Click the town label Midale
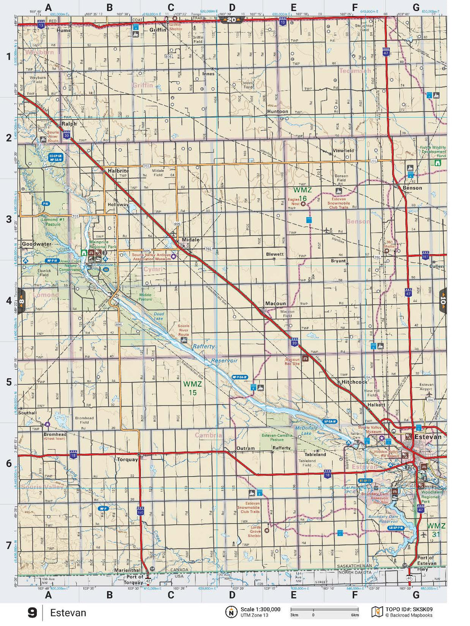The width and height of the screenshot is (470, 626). [x=190, y=239]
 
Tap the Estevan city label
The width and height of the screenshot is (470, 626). [x=427, y=437]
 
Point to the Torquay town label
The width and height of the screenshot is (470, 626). [x=127, y=460]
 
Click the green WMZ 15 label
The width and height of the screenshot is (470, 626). [x=192, y=388]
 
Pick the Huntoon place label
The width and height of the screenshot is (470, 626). [x=278, y=111]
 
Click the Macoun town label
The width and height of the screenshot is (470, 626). [x=275, y=303]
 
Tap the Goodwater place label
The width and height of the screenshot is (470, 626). [x=37, y=244]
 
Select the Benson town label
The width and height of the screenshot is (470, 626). [x=412, y=188]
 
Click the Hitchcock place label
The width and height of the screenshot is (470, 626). [x=354, y=382]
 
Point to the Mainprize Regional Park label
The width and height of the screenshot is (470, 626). [x=103, y=244]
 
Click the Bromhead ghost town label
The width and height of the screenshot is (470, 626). [x=55, y=436]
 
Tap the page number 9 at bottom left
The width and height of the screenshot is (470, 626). [x=32, y=613]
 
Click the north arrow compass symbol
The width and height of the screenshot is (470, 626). [x=231, y=612]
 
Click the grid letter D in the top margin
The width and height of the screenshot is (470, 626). [x=232, y=7]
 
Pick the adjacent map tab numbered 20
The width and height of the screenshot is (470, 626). [x=231, y=20]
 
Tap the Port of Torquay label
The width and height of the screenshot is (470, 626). [x=135, y=579]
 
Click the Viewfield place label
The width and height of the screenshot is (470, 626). [x=343, y=151]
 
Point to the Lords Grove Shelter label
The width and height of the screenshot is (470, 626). [x=255, y=532]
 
